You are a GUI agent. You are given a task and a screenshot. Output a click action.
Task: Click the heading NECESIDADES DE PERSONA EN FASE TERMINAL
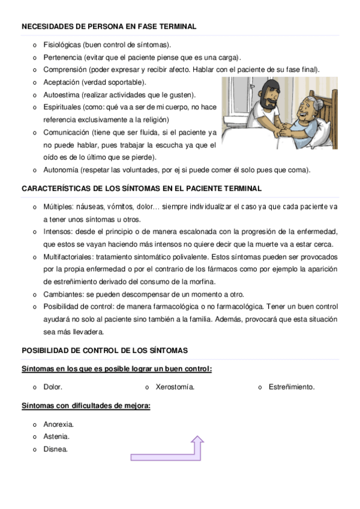click(x=109, y=27)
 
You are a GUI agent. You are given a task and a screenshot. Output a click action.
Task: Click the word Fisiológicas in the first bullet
click(x=62, y=44)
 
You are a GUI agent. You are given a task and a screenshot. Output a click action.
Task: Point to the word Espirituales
click(x=62, y=107)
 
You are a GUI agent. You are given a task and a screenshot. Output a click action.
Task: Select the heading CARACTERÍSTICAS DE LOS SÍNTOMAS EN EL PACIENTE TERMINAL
click(x=142, y=188)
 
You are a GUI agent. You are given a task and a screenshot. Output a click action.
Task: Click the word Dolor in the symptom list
click(x=53, y=387)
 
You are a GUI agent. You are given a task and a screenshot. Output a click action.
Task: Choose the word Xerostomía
click(x=175, y=387)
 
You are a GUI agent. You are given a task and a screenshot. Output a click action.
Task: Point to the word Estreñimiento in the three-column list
click(x=292, y=387)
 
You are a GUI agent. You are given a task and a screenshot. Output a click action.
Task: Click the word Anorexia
click(x=58, y=424)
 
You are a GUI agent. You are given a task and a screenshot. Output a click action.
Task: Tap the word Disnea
click(x=55, y=449)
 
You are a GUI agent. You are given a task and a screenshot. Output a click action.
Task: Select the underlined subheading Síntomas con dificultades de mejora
click(x=86, y=406)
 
